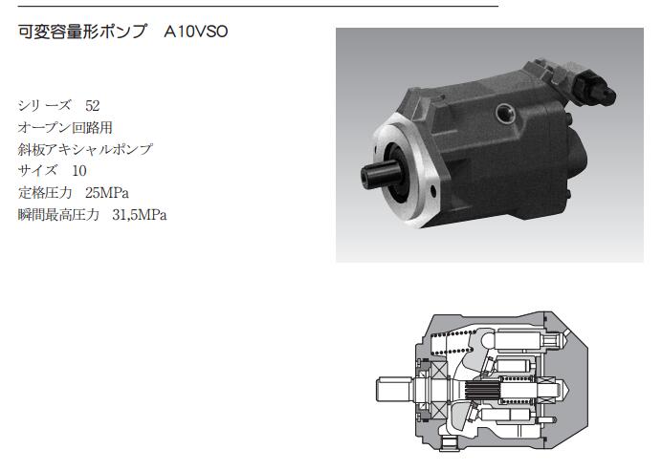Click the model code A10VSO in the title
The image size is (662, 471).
[196, 32]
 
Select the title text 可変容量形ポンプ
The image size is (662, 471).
[82, 32]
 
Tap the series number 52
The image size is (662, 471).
[93, 105]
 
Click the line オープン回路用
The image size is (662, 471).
[65, 127]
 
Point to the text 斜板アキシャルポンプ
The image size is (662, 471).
[85, 149]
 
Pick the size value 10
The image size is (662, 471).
[79, 171]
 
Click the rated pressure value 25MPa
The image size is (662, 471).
[107, 193]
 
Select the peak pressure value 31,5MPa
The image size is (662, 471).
[140, 215]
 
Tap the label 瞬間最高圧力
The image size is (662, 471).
[58, 215]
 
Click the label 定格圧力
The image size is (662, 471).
[45, 193]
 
